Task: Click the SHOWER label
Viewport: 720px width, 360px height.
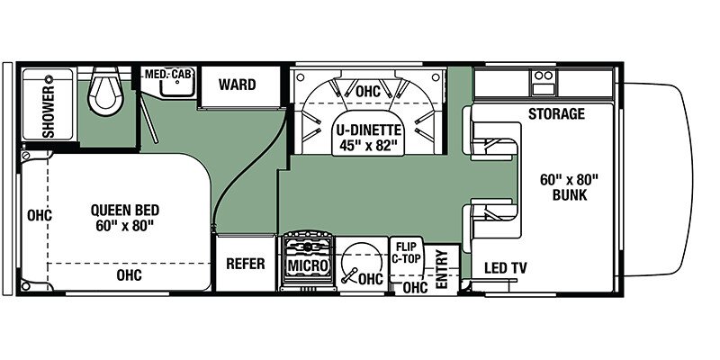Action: [49, 111]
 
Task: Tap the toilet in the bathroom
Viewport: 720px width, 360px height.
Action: [105, 91]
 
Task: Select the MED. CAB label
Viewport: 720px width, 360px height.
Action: [168, 75]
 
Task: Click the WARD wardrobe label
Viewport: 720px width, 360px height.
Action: [237, 85]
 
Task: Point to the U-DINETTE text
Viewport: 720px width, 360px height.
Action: [368, 130]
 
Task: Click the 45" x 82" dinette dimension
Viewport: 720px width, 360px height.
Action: [368, 146]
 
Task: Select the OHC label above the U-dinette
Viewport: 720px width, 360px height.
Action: [368, 92]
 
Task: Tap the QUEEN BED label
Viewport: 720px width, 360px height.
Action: [125, 211]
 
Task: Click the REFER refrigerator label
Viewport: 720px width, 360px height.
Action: [246, 264]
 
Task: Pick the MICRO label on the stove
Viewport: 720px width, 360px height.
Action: [308, 265]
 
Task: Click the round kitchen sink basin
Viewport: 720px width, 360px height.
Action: [362, 263]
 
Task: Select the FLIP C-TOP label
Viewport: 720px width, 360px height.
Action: [406, 253]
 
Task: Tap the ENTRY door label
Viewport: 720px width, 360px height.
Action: [442, 269]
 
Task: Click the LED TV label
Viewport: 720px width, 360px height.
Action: [506, 268]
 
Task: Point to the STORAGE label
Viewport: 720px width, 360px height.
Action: [556, 113]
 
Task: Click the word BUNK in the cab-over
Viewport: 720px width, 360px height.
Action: [570, 195]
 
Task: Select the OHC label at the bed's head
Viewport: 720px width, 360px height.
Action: [40, 215]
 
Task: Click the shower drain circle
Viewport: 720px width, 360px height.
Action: [49, 79]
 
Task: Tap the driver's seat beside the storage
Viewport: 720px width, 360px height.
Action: [491, 133]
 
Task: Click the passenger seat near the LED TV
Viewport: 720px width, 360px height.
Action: [491, 225]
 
